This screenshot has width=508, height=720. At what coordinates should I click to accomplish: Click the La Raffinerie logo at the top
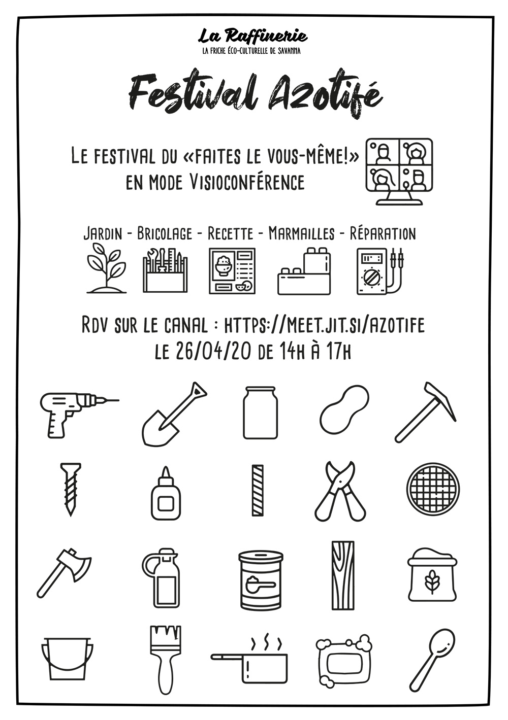tap(252, 41)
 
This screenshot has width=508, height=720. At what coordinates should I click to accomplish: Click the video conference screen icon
tap(399, 172)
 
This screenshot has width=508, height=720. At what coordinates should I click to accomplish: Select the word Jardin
tap(103, 234)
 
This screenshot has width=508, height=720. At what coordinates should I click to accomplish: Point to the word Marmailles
tap(301, 234)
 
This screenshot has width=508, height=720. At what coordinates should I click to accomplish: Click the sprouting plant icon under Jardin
tap(107, 268)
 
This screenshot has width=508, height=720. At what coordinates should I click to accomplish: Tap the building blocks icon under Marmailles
tap(304, 271)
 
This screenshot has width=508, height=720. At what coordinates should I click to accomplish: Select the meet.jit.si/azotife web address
tap(324, 326)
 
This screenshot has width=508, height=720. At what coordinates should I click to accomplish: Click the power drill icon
tap(79, 415)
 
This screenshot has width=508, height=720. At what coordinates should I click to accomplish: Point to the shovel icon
tap(174, 414)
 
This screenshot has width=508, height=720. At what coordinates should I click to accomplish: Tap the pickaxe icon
tap(425, 413)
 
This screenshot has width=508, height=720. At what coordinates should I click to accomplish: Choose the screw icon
tap(71, 490)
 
